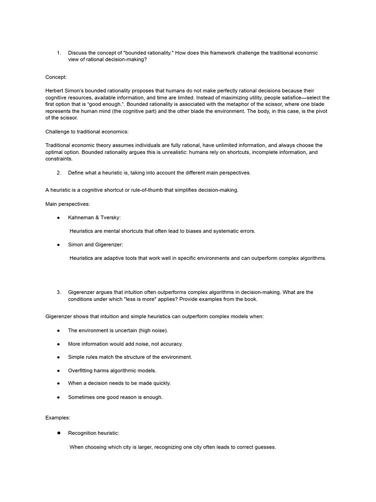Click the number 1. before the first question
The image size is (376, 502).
(58, 53)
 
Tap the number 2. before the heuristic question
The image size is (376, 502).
(59, 173)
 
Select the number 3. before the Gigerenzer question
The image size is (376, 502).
(59, 292)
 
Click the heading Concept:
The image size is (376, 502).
(56, 77)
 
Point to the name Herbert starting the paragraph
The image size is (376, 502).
(55, 91)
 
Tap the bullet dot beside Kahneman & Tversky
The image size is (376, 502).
(58, 217)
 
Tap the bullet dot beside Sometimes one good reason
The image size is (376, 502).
(58, 397)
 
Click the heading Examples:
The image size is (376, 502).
(58, 418)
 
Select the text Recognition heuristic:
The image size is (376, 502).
(94, 433)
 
